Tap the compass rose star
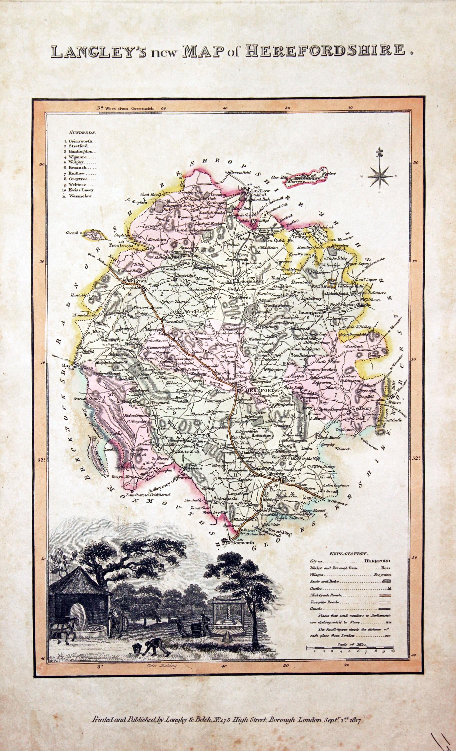[x=379, y=176]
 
